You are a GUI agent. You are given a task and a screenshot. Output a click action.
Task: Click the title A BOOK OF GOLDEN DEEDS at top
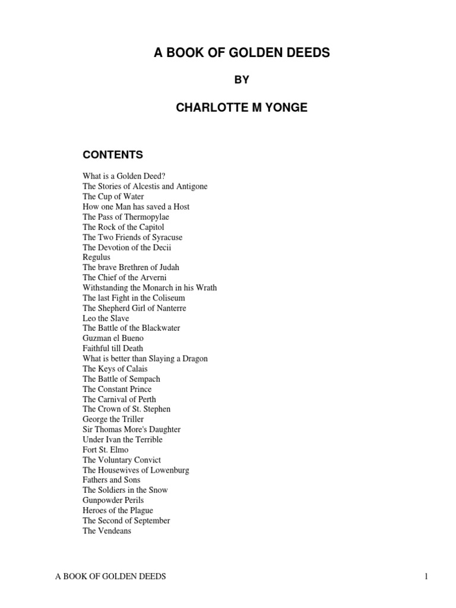coord(241,53)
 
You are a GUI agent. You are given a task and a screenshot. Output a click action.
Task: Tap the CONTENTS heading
coord(113,155)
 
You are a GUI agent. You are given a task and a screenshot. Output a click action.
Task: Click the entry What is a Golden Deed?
coord(128,176)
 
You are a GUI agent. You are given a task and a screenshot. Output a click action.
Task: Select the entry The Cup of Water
coord(113,197)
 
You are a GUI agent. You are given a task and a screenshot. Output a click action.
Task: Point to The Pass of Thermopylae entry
coord(126,217)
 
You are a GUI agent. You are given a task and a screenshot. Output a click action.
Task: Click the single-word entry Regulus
coord(97,257)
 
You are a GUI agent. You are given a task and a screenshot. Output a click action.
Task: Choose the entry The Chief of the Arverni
coord(125,277)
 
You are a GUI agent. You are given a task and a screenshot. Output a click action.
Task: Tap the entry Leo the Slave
coord(106,318)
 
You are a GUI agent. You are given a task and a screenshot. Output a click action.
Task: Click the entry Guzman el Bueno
coord(113,338)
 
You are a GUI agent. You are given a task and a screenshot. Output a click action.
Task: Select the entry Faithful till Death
coord(113,349)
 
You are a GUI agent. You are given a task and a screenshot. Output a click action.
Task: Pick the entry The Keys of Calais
coord(115,369)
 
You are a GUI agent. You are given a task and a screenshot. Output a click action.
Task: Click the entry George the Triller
coord(113,419)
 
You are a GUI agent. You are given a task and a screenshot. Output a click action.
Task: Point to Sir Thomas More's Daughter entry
coord(132,429)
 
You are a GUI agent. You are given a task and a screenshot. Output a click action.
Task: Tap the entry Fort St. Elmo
coord(106,449)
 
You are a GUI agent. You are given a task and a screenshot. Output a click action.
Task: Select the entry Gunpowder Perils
coord(113,501)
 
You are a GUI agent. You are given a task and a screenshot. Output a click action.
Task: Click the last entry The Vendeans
coord(107,531)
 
